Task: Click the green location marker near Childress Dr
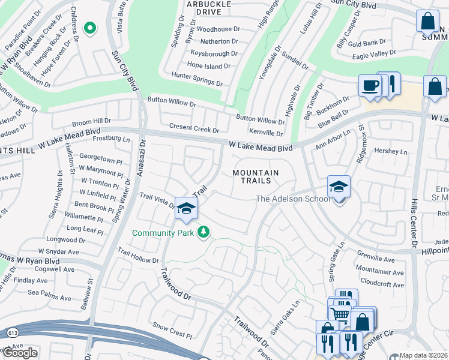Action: (x=90, y=28)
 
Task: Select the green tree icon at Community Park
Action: (x=204, y=232)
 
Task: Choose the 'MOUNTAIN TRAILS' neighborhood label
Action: (x=256, y=176)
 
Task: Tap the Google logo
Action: (x=20, y=353)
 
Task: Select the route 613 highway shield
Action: (x=12, y=331)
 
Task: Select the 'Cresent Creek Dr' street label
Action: (x=194, y=128)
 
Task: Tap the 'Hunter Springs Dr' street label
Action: (x=197, y=76)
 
